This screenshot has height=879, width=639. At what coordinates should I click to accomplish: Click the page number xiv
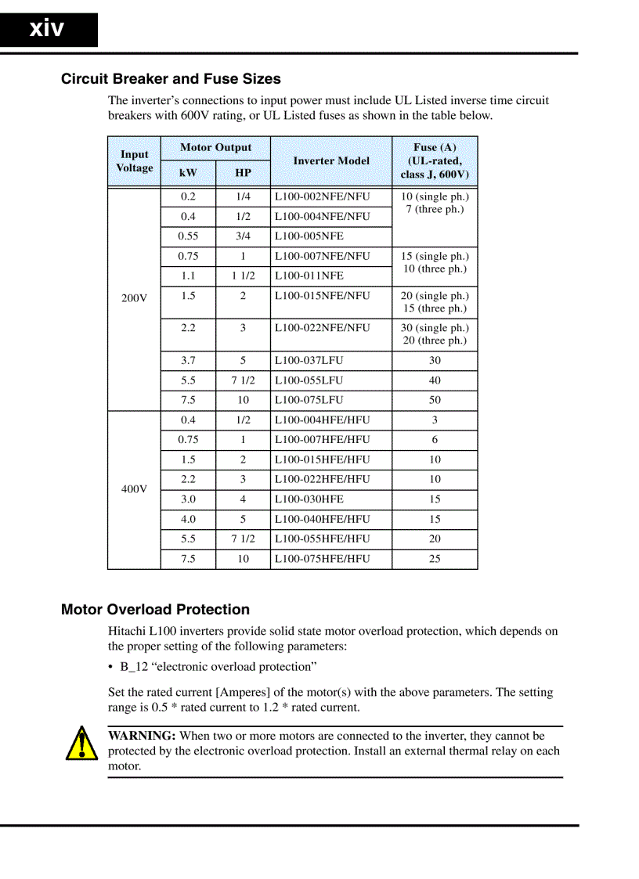tap(47, 29)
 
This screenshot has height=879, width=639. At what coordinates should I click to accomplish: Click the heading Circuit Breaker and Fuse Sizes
tap(171, 79)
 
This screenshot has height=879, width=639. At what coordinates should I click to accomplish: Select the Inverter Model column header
tap(331, 160)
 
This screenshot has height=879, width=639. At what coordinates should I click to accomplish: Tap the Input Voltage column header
tap(135, 161)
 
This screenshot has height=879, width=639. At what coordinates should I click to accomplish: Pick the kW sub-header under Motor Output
tap(188, 173)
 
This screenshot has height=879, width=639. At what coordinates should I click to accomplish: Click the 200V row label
tap(134, 298)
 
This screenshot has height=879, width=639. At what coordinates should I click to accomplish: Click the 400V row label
tap(134, 489)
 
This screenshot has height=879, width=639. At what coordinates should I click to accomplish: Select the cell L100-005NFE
tap(309, 236)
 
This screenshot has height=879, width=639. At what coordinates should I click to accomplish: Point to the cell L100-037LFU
tap(309, 361)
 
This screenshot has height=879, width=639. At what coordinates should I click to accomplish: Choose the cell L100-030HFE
tap(309, 499)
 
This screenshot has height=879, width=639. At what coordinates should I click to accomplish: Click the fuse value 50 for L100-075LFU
tap(435, 400)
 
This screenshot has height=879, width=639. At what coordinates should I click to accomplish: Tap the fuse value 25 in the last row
tap(435, 559)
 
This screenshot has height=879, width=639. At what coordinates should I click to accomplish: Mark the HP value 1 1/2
tap(243, 276)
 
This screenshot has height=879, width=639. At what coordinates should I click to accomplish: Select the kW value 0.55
tap(188, 236)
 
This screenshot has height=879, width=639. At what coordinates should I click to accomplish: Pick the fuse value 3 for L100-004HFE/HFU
tap(435, 420)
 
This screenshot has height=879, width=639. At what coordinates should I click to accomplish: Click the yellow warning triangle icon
tap(81, 744)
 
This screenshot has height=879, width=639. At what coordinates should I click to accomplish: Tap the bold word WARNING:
tap(142, 736)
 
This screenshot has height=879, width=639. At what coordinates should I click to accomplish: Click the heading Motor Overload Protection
tap(155, 610)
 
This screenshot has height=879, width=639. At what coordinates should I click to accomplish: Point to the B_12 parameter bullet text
tap(218, 667)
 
